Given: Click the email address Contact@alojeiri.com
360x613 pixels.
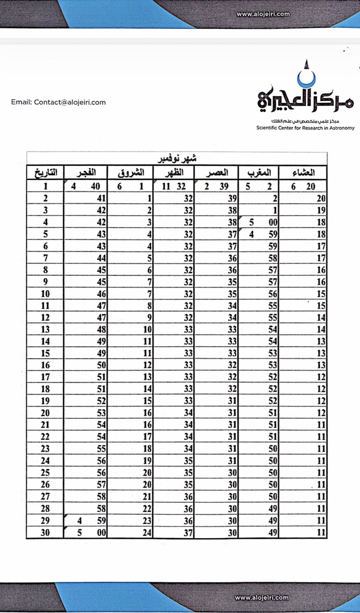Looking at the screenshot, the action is tap(58, 102).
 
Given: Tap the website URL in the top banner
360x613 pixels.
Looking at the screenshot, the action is tap(263, 14).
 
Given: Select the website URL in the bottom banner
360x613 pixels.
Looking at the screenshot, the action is tap(262, 598).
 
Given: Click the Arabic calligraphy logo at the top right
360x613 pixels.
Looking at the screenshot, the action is tap(304, 96).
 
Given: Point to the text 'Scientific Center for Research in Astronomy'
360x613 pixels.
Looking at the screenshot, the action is tap(305, 128).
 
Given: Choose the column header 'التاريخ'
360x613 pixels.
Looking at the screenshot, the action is tap(45, 172).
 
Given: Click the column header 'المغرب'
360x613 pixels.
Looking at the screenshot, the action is tap(259, 172).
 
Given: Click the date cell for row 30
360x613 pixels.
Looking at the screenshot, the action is tap(45, 532).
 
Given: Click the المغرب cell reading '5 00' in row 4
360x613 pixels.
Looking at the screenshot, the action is tap(259, 222).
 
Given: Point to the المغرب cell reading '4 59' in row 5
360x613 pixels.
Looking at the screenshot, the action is tap(259, 234).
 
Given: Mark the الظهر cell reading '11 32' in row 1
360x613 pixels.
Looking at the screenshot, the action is tap(174, 186).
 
